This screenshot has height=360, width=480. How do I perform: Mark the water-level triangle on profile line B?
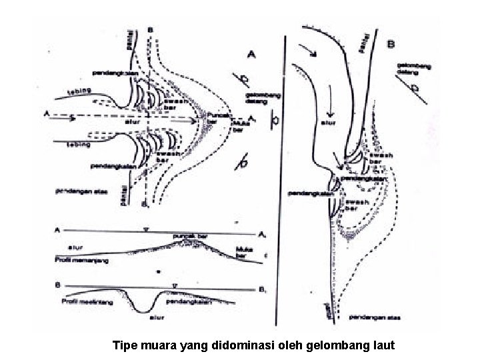175,285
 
